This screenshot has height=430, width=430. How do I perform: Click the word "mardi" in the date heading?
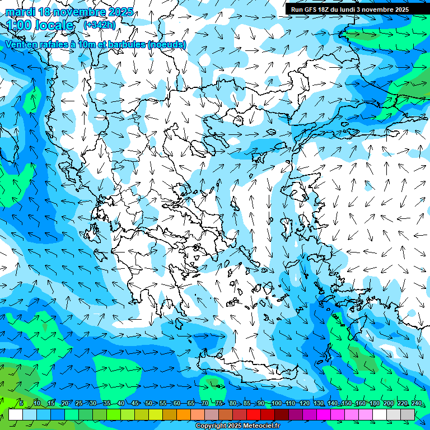pyautogui.click(x=21, y=12)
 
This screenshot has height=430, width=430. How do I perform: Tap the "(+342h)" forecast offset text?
pyautogui.click(x=100, y=25)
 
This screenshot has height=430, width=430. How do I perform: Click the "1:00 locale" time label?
pyautogui.click(x=40, y=25)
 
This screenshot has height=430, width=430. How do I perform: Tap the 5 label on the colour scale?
pyautogui.click(x=21, y=404)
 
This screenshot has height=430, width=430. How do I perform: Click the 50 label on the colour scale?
pyautogui.click(x=149, y=404)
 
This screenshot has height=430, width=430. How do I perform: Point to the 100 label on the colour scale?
pyautogui.click(x=275, y=404)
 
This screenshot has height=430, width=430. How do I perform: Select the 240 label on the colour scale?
pyautogui.click(x=416, y=404)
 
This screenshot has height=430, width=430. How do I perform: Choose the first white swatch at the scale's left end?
pyautogui.click(x=16, y=414)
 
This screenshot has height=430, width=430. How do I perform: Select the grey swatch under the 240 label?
pyautogui.click(x=408, y=414)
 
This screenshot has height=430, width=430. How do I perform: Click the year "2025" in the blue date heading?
pyautogui.click(x=120, y=12)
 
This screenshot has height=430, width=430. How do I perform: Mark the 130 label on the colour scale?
pyautogui.click(x=318, y=404)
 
